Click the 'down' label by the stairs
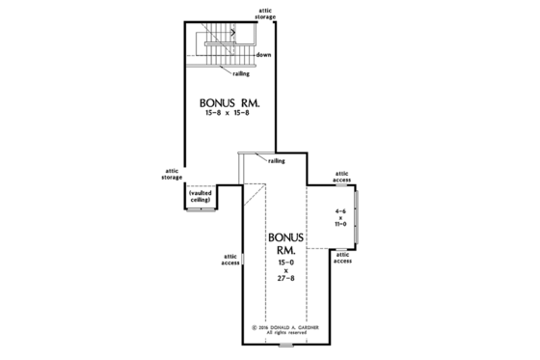coord(263,55)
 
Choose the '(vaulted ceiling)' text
coord(201,196)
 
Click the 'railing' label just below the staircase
coord(242,73)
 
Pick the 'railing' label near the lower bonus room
coord(277,161)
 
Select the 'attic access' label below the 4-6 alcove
coord(343,258)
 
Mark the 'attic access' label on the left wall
coord(229,259)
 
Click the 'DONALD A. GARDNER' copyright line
coord(285,327)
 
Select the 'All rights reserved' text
coord(285,334)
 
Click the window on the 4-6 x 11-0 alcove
coord(356,217)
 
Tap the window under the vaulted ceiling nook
coord(201,209)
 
